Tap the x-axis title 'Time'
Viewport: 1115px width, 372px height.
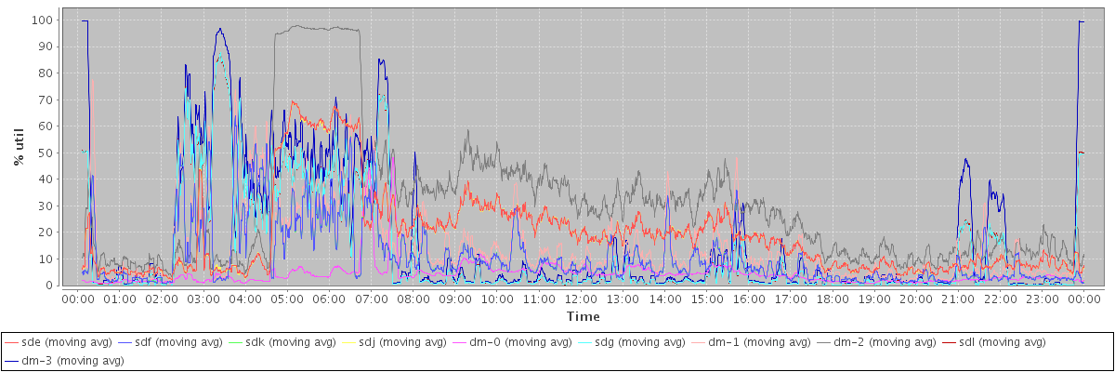(x=583, y=317)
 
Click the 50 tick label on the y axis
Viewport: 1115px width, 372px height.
(x=45, y=153)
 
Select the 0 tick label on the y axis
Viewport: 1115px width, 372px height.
(x=48, y=286)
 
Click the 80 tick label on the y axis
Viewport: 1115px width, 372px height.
(x=45, y=73)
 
